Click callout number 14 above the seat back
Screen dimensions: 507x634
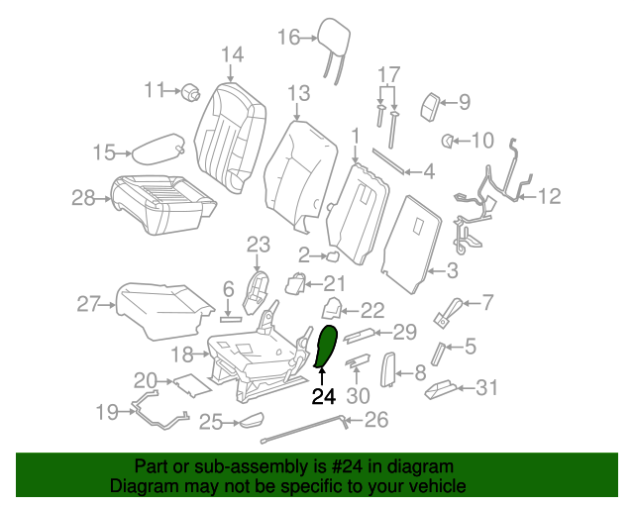click(x=231, y=54)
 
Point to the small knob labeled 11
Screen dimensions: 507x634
click(x=190, y=92)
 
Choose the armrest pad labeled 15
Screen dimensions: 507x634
click(x=158, y=149)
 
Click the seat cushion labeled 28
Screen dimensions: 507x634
click(x=163, y=203)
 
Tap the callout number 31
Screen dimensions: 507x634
click(x=486, y=388)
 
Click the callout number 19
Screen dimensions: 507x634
click(x=106, y=411)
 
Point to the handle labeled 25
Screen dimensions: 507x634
click(x=249, y=422)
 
